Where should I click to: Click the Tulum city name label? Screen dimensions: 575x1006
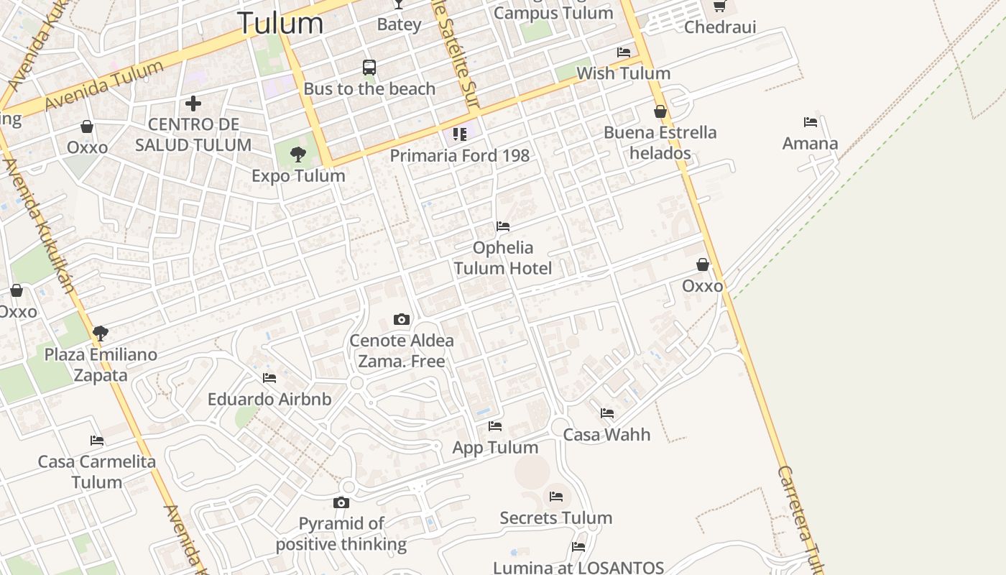280,22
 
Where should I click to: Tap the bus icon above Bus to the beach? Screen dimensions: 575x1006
369,68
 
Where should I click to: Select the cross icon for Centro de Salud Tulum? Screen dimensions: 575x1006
193,103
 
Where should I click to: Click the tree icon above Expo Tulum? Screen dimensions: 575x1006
298,154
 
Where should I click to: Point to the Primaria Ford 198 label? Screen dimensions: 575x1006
460,155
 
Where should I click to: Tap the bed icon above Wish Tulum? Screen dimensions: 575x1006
624,52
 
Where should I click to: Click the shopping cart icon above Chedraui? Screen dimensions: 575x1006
720,6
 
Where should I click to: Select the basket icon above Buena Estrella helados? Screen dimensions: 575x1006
660,111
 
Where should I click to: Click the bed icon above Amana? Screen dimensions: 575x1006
811,122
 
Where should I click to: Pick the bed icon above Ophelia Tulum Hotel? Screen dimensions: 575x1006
503,226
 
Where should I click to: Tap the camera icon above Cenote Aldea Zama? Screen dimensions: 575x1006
402,319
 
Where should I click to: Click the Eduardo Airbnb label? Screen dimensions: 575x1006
269,400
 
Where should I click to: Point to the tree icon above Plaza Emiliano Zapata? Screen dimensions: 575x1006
101,333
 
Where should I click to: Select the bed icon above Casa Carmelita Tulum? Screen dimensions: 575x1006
97,440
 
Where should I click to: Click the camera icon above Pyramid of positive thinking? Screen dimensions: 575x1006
341,502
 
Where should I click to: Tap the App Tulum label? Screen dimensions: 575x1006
495,448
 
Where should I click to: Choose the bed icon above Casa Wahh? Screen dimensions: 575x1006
607,413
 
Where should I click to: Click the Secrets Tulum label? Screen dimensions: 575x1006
555,518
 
